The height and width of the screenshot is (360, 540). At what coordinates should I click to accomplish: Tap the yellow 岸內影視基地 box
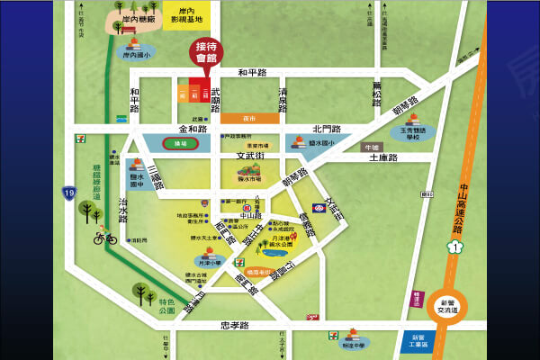(x=187, y=16)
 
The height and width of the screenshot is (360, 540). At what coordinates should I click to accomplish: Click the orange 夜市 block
(x=249, y=118)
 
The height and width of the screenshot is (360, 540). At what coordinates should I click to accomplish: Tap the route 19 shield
(x=68, y=192)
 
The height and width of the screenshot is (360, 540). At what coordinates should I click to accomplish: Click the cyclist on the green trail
(x=104, y=238)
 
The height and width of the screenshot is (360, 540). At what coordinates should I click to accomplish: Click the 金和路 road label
(x=193, y=130)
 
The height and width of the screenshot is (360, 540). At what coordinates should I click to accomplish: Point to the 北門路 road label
(x=328, y=130)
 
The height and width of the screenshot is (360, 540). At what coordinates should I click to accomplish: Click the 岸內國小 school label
(x=136, y=55)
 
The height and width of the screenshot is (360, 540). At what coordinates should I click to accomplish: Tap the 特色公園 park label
(x=167, y=306)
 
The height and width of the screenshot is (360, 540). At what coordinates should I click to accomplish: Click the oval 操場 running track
(x=180, y=143)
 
